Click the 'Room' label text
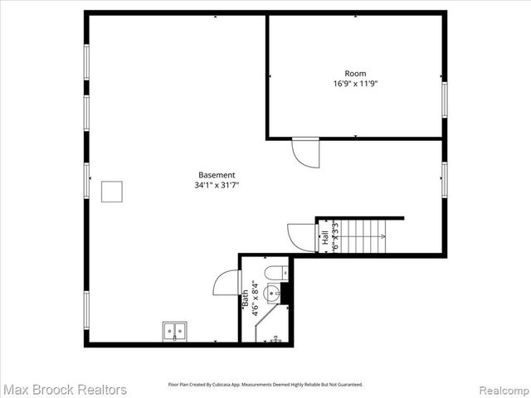coord(355,74)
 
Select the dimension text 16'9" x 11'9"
coord(355,84)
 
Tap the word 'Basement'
coord(217,175)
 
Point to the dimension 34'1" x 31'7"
coord(217,185)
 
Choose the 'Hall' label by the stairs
coord(324,235)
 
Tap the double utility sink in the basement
coord(174,331)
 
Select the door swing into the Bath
coord(227,283)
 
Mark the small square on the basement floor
coord(112,192)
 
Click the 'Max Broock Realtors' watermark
coord(65,389)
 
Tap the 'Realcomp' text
coord(500,389)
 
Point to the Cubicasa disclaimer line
coord(265,385)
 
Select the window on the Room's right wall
coord(444,99)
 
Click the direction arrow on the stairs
coord(382,236)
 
